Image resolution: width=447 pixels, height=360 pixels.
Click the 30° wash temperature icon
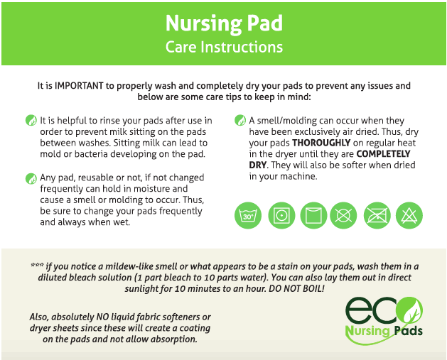point(248,215)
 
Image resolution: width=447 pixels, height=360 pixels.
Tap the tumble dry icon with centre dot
point(281,215)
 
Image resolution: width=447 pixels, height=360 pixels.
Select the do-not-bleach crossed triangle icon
point(409,215)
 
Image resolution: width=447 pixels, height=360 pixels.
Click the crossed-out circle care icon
point(343,215)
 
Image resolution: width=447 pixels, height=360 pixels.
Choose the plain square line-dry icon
point(313,215)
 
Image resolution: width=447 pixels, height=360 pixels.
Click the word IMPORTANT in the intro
point(79,86)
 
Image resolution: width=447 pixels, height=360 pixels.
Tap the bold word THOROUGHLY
point(321,143)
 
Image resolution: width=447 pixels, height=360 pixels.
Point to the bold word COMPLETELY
point(384,154)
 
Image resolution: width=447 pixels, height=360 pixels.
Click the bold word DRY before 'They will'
point(258,165)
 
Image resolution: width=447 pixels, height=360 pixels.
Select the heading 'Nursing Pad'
point(224,23)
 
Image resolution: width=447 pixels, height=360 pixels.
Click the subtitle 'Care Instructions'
point(224,47)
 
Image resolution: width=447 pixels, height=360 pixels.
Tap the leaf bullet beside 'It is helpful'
point(31,120)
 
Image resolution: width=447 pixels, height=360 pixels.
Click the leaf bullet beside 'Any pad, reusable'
point(31,178)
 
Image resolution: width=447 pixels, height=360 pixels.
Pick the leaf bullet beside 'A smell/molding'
point(240,120)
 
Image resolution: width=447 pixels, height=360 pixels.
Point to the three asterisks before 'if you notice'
point(37,265)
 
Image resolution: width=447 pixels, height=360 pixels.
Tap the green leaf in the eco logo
point(411,311)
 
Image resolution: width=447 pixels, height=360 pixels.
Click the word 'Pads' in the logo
point(409,331)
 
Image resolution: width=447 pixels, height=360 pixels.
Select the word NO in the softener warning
point(102,317)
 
